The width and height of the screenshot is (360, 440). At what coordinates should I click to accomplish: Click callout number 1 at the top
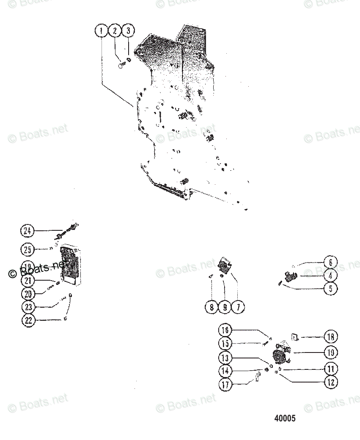102,31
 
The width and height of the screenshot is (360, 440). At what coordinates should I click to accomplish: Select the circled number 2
115,31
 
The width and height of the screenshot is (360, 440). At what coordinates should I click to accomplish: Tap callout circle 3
128,31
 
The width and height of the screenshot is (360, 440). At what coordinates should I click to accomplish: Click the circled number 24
28,231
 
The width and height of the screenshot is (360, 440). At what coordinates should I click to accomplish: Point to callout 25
28,250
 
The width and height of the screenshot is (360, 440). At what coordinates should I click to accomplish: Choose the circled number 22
28,320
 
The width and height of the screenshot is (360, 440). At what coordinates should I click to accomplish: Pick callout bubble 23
28,307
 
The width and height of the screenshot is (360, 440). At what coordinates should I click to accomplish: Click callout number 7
238,307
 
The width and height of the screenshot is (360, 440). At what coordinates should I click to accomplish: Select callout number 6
330,262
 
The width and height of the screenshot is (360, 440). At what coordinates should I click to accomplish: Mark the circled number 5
330,289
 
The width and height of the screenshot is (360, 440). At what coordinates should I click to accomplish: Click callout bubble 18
330,337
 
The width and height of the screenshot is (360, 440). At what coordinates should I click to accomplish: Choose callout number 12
330,382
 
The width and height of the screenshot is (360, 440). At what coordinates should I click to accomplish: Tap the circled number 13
225,358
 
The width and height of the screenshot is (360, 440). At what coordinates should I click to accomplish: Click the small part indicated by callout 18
295,338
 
